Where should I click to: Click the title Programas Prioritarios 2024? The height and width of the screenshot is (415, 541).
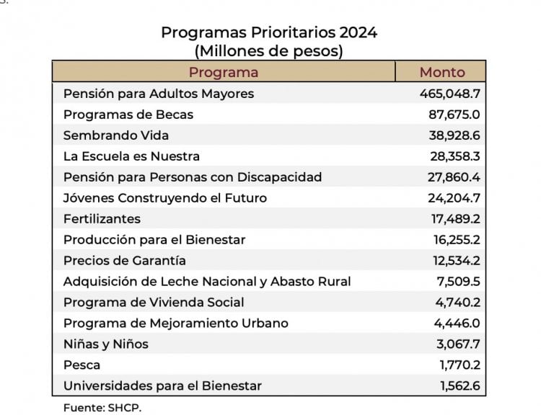click(269, 32)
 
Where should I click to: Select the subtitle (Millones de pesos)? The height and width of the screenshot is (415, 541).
click(269, 51)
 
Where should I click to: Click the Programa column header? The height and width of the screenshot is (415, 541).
click(224, 73)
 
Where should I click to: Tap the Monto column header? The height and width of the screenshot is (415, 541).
click(442, 73)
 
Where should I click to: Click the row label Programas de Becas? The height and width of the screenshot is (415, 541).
click(128, 115)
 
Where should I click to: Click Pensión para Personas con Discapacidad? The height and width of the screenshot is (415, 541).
click(193, 177)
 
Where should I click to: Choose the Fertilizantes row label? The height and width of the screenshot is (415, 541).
click(102, 219)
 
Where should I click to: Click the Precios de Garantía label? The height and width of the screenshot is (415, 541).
click(125, 261)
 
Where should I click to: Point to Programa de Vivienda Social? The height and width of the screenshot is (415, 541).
click(154, 303)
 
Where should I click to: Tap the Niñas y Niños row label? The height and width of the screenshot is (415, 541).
click(105, 344)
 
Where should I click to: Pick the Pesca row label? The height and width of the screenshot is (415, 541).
click(82, 365)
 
